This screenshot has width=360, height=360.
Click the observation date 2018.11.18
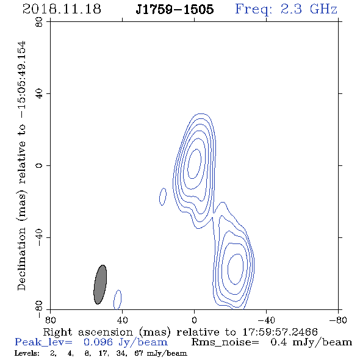[x=62, y=9]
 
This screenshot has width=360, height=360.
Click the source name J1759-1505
[x=175, y=9]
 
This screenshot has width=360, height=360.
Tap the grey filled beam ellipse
[x=100, y=284]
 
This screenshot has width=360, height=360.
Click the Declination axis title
[x=21, y=165]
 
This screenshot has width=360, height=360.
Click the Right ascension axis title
[x=180, y=332]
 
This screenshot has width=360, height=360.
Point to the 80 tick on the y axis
[x=39, y=22]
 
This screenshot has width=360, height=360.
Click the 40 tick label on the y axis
[x=39, y=94]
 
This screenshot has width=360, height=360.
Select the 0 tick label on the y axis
[x=39, y=165]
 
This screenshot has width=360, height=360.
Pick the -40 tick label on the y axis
[x=39, y=237]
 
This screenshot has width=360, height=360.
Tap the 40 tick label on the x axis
[x=122, y=320]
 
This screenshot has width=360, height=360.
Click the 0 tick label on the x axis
[x=194, y=320]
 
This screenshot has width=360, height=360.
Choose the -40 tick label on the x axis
[x=266, y=320]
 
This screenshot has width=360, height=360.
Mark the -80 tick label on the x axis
[x=338, y=320]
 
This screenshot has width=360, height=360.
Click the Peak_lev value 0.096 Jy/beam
[x=126, y=342]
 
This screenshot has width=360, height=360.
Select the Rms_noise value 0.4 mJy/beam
[x=311, y=342]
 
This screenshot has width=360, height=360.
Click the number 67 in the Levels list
[x=139, y=353]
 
